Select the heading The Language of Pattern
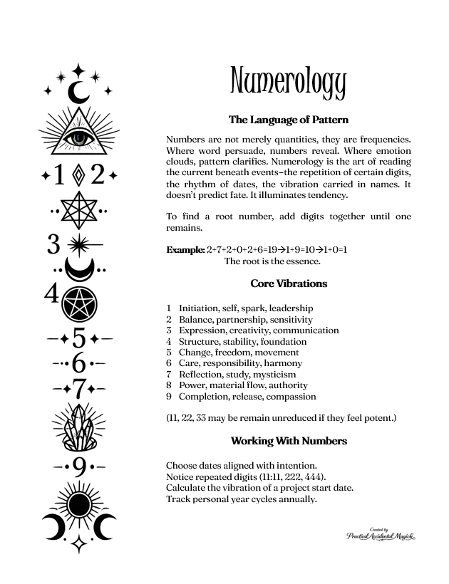[288, 120]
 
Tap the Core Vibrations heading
[289, 283]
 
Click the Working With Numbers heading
[289, 441]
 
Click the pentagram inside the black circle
[79, 306]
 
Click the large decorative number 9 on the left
[78, 467]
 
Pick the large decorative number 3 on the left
[53, 244]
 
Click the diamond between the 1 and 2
[78, 174]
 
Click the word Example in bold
[185, 250]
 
